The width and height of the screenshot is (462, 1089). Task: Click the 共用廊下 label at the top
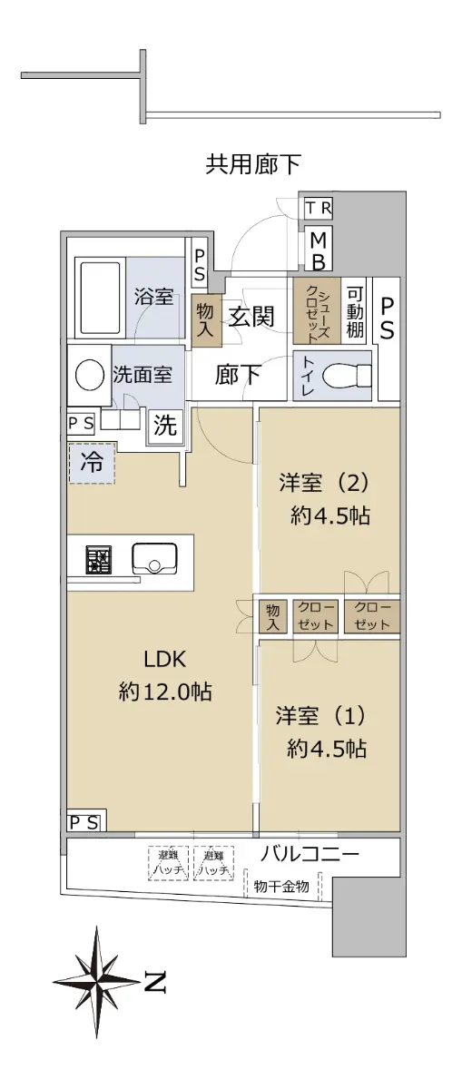tap(253, 164)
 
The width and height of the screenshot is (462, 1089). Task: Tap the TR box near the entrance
tap(319, 208)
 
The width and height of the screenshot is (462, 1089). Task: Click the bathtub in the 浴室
tap(100, 297)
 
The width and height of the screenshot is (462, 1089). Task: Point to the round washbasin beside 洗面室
tap(90, 375)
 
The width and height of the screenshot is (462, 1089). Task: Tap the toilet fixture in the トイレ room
tap(343, 377)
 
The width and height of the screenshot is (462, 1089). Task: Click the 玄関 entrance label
tap(251, 317)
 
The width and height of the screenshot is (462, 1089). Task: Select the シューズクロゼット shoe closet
tap(317, 310)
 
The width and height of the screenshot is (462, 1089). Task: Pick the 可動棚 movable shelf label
tap(355, 311)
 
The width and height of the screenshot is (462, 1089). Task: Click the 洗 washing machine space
tap(165, 426)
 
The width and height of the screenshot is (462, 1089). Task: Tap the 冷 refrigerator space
tap(92, 463)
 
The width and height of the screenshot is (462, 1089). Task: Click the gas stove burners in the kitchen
tap(99, 560)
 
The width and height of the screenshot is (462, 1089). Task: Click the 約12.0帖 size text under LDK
tap(165, 691)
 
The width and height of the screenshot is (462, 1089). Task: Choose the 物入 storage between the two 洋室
tap(273, 616)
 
